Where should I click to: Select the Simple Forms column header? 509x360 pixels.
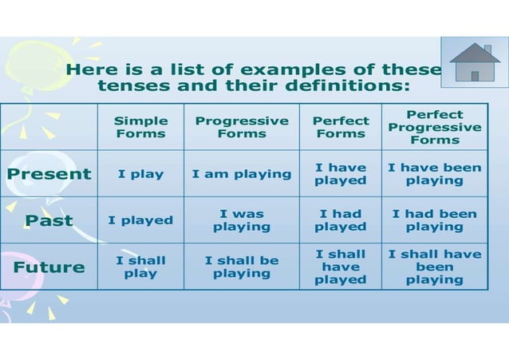click(141, 127)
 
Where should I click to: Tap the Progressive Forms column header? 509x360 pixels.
click(242, 127)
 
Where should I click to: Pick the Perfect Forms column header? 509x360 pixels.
click(341, 127)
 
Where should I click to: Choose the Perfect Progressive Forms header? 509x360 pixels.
click(435, 127)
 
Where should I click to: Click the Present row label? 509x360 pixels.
click(49, 174)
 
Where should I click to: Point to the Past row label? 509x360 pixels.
click(49, 220)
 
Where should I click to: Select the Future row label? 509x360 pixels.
click(49, 267)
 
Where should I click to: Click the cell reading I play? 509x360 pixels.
click(141, 174)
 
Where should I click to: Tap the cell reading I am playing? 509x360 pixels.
click(242, 174)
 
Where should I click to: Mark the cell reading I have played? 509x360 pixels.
click(341, 174)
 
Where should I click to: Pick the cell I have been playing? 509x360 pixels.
click(435, 174)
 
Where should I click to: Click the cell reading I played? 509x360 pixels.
click(141, 220)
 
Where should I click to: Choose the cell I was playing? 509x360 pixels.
click(242, 220)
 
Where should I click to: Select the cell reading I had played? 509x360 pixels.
click(341, 220)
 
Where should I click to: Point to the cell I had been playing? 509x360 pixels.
click(435, 220)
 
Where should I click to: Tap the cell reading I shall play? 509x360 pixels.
click(141, 267)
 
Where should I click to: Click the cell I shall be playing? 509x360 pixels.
click(242, 267)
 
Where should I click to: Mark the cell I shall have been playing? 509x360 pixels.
click(435, 267)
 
